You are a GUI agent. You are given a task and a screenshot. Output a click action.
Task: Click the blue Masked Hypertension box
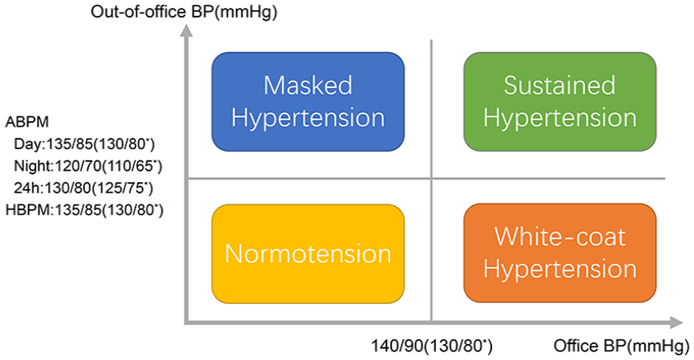point(308,102)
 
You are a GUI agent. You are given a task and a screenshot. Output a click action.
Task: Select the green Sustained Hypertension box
point(560,102)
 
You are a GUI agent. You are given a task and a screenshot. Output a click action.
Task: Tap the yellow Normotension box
point(308,253)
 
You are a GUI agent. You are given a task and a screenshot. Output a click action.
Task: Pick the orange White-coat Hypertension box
point(560,253)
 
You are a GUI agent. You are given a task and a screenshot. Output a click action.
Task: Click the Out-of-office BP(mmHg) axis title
point(184,11)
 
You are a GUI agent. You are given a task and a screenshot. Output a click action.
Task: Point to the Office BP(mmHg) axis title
point(621,346)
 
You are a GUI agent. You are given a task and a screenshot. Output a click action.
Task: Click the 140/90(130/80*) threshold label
point(431,346)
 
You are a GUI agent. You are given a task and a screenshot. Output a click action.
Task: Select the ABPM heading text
point(27,122)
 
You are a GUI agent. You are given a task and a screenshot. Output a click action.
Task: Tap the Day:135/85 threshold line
point(84,144)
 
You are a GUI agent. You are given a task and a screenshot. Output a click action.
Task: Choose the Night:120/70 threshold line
point(88,166)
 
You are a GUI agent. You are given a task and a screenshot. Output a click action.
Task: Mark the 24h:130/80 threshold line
point(83,188)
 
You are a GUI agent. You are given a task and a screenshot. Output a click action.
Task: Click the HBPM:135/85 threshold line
point(84,210)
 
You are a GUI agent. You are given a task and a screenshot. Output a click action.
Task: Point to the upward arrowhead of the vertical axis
point(188,30)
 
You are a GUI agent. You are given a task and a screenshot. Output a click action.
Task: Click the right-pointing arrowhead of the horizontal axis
point(676,323)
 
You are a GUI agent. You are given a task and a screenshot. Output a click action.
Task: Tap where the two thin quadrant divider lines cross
point(431,179)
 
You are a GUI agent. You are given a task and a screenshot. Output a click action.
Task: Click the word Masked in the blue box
point(308,85)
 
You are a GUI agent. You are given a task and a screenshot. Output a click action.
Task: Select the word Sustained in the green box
point(559,85)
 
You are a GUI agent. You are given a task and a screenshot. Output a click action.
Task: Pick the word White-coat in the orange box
point(560,237)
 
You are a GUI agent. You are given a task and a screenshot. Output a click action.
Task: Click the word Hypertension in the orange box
point(560,269)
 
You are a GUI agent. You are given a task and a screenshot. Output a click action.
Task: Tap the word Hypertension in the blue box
point(308,118)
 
